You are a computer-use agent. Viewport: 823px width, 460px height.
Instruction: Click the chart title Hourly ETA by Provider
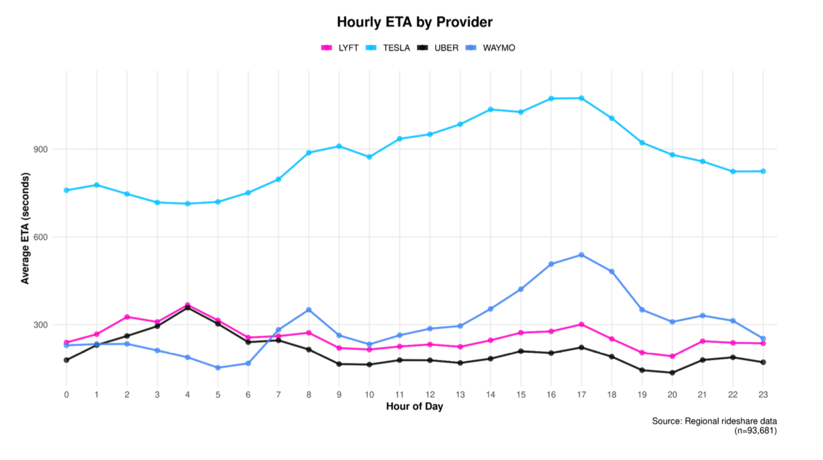414,22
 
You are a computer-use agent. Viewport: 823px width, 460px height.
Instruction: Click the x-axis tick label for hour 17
582,394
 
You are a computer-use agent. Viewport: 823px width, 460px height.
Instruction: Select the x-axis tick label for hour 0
66,394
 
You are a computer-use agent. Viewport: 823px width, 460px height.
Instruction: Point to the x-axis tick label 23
763,394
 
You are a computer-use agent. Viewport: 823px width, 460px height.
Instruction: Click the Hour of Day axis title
414,406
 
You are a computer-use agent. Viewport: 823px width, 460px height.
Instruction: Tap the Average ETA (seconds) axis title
25,228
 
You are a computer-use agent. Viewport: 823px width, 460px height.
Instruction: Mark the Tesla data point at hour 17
582,98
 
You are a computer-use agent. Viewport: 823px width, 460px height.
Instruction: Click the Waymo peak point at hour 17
582,255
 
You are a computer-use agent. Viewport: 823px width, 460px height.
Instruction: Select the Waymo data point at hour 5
218,367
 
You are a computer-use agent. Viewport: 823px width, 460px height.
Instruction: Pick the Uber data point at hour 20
673,373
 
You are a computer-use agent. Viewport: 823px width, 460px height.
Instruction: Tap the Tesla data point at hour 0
66,190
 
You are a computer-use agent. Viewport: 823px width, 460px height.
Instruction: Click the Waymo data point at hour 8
309,310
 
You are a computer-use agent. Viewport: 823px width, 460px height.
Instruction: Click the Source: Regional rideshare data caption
714,421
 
